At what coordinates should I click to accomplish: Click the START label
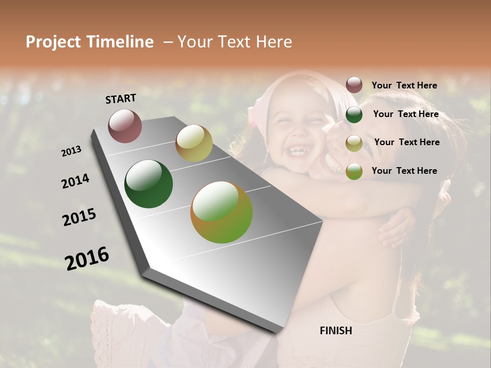121,99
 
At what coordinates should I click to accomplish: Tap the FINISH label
336,331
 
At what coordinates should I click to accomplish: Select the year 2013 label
71,151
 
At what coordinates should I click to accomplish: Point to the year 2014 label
75,181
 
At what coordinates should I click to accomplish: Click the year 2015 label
79,217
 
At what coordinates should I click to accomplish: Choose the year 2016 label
87,259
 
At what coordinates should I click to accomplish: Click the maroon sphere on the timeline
125,126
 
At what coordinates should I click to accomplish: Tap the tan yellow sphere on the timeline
194,143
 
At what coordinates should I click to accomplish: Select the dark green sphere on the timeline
148,184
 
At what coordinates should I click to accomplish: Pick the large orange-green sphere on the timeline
221,212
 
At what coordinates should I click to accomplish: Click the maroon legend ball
354,85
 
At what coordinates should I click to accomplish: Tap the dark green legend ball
354,114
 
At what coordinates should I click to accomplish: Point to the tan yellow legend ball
354,143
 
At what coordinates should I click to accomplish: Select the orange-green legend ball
354,171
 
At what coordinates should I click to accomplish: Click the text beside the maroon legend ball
404,86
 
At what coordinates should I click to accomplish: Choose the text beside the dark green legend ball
406,114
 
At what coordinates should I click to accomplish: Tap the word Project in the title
53,42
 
